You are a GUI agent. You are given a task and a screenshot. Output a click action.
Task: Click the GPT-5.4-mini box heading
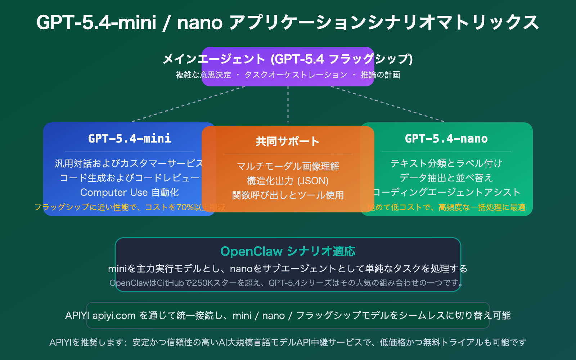pos(130,139)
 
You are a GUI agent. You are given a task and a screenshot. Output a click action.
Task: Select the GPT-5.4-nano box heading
pos(446,139)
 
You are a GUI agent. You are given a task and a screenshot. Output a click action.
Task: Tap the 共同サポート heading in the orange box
pos(288,141)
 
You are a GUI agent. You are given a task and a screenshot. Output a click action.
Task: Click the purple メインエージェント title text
pos(288,59)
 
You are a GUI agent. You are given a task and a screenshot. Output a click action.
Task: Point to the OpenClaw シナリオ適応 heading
pos(288,251)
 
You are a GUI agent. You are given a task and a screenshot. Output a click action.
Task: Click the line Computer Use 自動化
pos(130,193)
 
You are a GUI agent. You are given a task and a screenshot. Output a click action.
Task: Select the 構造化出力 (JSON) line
pos(288,181)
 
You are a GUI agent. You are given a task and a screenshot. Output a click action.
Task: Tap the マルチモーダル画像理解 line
pos(288,166)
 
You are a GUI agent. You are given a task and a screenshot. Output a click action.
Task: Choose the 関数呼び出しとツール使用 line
pos(288,195)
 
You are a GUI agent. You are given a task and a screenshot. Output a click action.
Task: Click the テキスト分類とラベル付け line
pos(446,163)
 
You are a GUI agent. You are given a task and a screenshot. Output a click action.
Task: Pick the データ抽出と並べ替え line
pos(446,178)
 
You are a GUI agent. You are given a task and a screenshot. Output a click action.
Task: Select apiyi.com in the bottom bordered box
pos(114,316)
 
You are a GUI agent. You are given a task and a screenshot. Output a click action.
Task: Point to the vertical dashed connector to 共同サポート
pos(288,104)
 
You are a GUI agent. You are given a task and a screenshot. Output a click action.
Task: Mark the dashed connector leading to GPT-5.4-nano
pos(387,104)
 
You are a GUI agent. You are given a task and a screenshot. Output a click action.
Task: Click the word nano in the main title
pos(200,22)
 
